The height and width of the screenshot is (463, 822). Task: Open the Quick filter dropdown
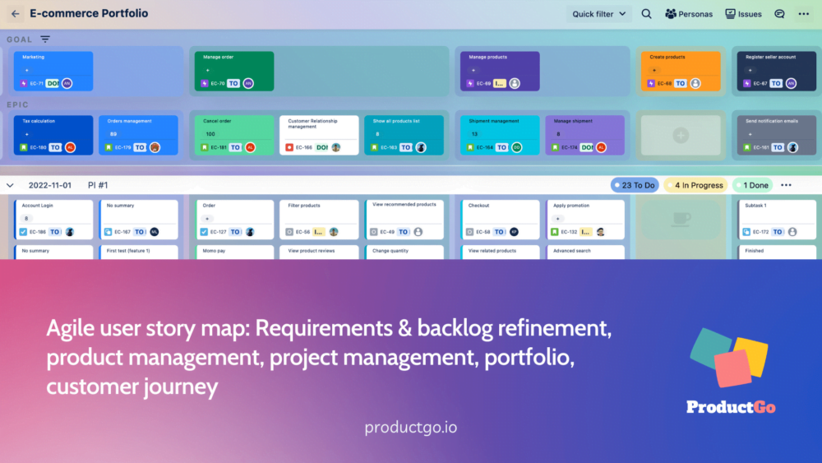(599, 14)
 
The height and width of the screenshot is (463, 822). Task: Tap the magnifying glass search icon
(646, 14)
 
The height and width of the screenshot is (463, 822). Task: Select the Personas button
(689, 14)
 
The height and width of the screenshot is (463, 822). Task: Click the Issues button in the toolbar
(743, 14)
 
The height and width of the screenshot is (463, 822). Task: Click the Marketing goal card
(53, 71)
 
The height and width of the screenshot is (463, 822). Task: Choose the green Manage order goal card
(234, 71)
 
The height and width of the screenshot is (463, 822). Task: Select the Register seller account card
(775, 71)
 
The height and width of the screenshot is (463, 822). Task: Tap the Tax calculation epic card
(53, 135)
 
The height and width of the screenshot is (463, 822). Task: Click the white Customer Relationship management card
(319, 135)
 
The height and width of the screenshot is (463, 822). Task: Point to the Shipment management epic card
(500, 135)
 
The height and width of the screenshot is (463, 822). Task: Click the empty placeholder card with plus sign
(681, 135)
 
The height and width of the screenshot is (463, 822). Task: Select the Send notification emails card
(775, 135)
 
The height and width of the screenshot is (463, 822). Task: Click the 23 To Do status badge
(635, 186)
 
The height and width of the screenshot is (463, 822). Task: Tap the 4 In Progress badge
(695, 186)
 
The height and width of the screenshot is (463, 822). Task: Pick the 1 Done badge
(752, 186)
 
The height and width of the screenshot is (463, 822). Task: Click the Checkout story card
(500, 219)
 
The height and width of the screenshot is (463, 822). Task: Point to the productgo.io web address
(411, 428)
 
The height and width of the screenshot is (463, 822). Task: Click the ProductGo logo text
(731, 407)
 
